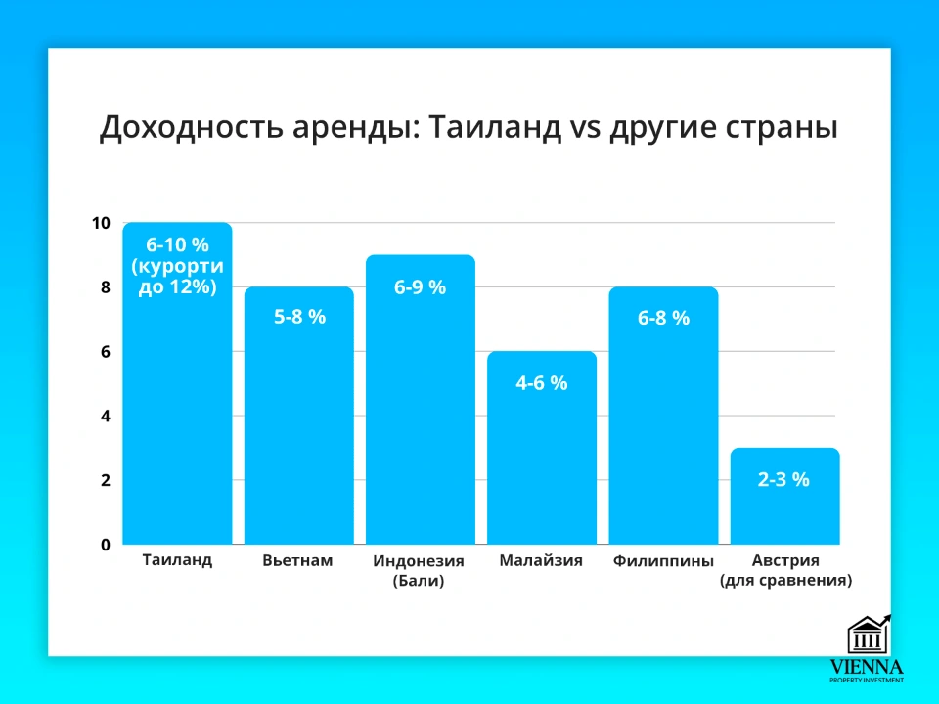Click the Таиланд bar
(177, 411)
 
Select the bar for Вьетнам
(298, 430)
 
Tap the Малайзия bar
(542, 460)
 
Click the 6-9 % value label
(420, 287)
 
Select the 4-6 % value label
(542, 383)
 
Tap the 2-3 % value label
(784, 480)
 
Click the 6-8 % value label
(663, 318)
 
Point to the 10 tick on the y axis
(102, 223)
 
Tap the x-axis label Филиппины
(664, 561)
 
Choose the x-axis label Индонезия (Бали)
(419, 571)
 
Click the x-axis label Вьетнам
(298, 561)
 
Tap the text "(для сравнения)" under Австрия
(785, 580)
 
